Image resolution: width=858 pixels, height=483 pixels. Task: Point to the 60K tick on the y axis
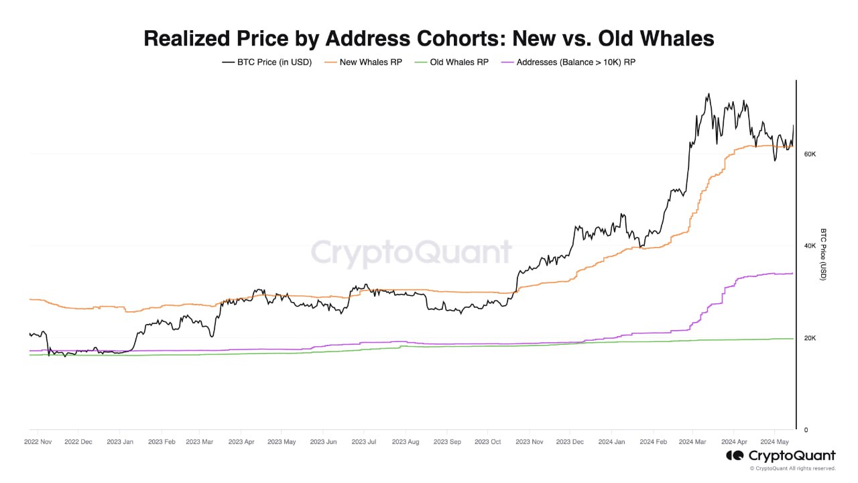(x=810, y=154)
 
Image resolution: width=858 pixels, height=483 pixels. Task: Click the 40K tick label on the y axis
(x=810, y=246)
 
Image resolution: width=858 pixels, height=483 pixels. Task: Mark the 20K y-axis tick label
(x=810, y=338)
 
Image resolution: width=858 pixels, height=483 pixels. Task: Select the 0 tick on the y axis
(x=806, y=430)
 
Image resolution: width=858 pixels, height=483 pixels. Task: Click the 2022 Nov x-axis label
(x=38, y=442)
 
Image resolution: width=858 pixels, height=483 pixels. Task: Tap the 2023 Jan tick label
(x=119, y=442)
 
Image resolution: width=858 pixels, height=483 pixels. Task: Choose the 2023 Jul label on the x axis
(x=364, y=442)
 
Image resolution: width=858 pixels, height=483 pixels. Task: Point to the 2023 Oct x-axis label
(x=487, y=442)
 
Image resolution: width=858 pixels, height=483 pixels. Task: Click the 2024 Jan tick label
(x=611, y=442)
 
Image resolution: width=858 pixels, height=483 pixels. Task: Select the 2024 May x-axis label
(x=774, y=442)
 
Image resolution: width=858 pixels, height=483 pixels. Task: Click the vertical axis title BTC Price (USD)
(x=824, y=254)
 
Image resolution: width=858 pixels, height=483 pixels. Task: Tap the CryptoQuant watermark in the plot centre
(x=411, y=254)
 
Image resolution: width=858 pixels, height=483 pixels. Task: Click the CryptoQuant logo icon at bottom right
(x=735, y=456)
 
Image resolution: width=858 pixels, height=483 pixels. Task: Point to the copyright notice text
(x=792, y=468)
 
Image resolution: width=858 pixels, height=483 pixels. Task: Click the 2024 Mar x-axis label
(x=692, y=442)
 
